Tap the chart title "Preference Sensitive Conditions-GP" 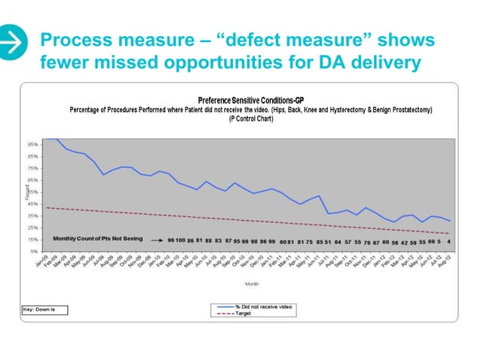(250, 100)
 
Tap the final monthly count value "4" (449, 242)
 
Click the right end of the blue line (451, 221)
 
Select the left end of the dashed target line (47, 207)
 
